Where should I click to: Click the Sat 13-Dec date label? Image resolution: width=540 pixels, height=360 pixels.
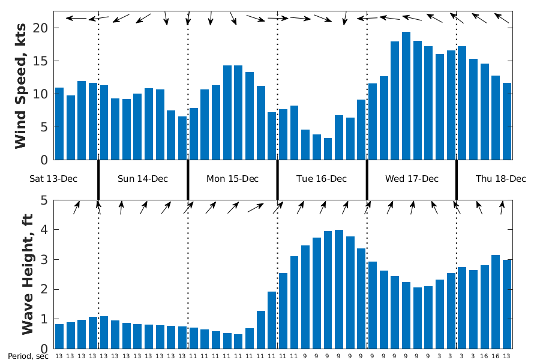point(54,179)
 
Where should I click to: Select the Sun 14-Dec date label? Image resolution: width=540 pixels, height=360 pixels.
point(143,179)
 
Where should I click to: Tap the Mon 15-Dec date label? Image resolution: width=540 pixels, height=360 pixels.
point(232,179)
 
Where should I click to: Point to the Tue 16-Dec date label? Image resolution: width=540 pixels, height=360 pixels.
point(322,179)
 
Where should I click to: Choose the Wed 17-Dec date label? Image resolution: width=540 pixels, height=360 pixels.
point(412,179)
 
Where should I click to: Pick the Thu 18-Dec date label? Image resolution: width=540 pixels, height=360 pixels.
point(500,179)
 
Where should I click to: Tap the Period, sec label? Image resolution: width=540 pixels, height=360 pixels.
point(28,356)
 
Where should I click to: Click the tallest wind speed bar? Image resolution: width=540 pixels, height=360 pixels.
point(406,96)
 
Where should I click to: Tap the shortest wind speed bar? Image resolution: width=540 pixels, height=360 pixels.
point(328,149)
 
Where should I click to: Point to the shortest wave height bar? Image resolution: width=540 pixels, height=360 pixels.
point(238,341)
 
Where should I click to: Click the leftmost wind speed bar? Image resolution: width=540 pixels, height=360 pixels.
point(59,124)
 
